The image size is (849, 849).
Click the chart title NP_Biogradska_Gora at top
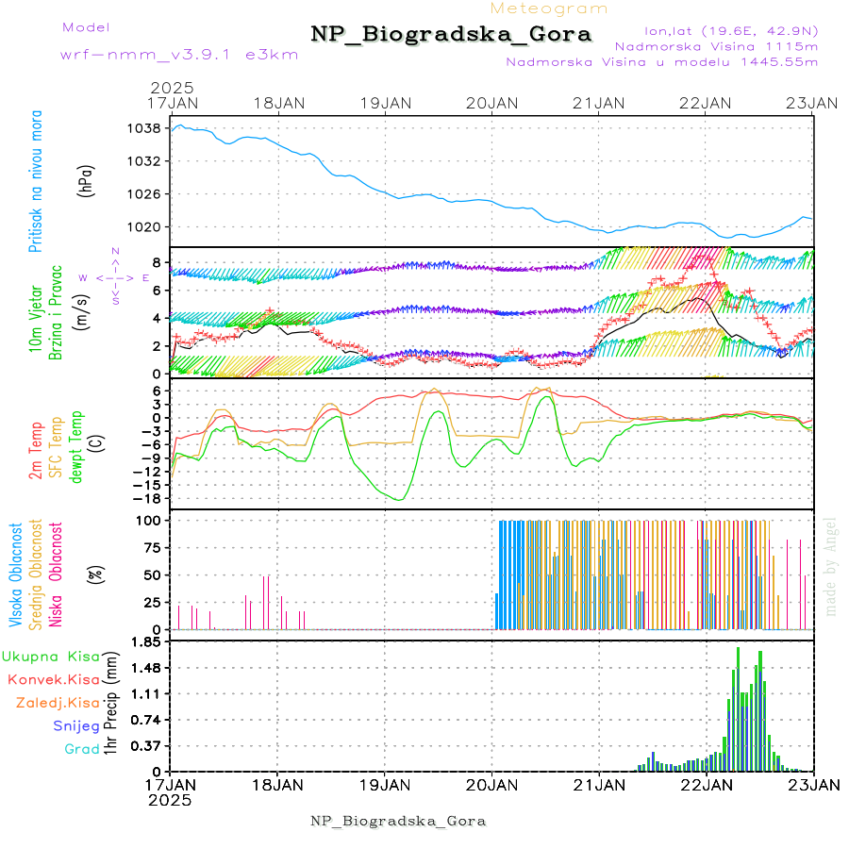(x=451, y=35)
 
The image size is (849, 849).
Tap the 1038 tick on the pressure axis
(x=151, y=128)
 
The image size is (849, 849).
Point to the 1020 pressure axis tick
(x=151, y=227)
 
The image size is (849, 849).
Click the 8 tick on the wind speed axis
(x=160, y=262)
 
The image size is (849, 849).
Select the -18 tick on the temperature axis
(x=150, y=498)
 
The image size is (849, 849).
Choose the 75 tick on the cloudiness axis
(x=154, y=547)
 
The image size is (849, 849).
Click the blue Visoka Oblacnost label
(x=16, y=575)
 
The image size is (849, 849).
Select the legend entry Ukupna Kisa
(x=50, y=656)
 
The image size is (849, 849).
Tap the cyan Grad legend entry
(x=82, y=749)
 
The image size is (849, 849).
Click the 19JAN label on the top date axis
(x=384, y=103)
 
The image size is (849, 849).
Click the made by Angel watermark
(x=831, y=566)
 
